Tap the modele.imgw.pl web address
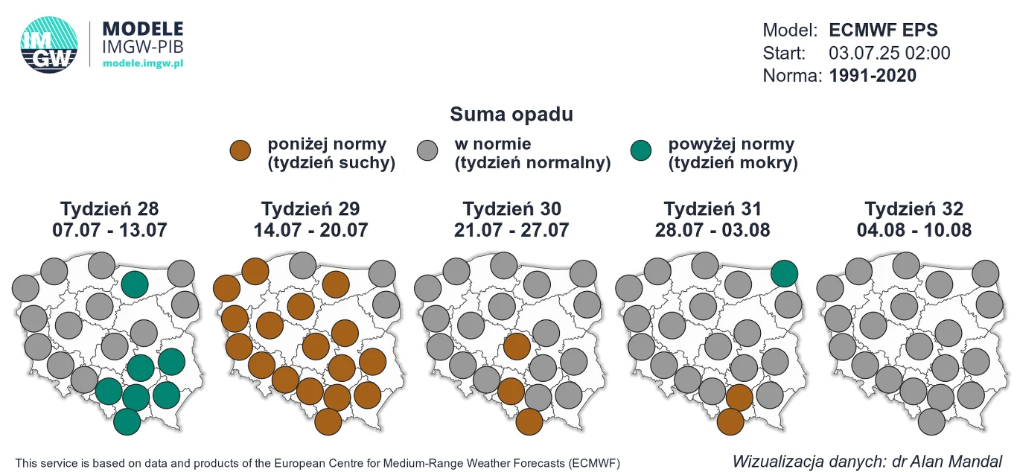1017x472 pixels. pos(143,64)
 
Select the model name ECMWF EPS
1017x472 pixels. pos(883,31)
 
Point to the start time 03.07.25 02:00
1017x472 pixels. pos(889,53)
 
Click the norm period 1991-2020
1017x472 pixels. pos(873,75)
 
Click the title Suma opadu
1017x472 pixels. pos(511,115)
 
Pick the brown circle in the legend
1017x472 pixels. pos(242,150)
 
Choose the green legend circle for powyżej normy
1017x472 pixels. pos(640,150)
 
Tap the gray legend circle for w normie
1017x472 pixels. pos(429,150)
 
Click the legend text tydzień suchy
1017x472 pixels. pos(331,163)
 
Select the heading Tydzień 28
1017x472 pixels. pos(109,208)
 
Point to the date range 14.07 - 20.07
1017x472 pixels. pos(310,230)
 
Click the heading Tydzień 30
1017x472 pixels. pos(511,208)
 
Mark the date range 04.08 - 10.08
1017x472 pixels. pos(914,230)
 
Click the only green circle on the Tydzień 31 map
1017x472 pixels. pos(785,273)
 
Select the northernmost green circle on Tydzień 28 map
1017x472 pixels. pos(135,283)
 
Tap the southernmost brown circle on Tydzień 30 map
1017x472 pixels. pos(529,421)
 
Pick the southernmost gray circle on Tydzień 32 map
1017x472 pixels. pos(931,421)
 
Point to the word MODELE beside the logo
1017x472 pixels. pos(142,29)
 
